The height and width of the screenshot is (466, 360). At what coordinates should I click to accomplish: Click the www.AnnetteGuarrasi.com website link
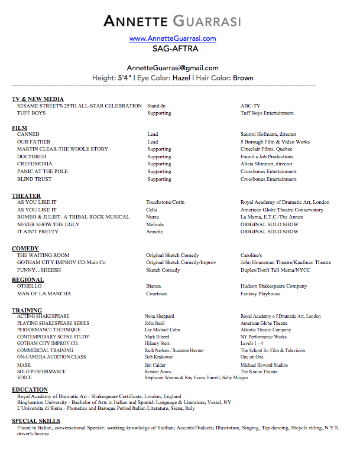[x=173, y=38]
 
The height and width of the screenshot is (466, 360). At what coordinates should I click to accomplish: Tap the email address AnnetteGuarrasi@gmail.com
[x=173, y=68]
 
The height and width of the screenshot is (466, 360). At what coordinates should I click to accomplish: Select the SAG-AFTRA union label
[x=173, y=48]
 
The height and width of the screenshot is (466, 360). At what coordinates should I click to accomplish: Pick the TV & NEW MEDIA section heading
[x=38, y=99]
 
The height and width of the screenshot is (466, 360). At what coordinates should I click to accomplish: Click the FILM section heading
[x=20, y=128]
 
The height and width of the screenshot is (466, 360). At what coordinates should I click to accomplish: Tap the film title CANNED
[x=28, y=135]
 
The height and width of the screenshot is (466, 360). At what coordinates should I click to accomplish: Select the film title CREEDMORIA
[x=35, y=164]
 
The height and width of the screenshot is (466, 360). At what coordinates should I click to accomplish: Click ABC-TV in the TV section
[x=250, y=106]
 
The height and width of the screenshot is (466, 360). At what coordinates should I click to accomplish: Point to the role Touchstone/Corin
[x=166, y=203]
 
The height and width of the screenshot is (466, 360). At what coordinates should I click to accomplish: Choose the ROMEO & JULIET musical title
[x=73, y=217]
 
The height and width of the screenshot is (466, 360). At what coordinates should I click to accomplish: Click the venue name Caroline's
[x=251, y=255]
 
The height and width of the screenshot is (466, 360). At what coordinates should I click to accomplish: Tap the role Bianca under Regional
[x=154, y=286]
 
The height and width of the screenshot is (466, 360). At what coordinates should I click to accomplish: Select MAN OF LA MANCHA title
[x=44, y=294]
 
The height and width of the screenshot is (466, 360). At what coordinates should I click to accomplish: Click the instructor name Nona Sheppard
[x=159, y=317]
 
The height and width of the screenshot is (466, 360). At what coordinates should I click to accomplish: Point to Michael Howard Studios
[x=264, y=365]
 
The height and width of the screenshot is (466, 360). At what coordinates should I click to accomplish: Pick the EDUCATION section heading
[x=30, y=390]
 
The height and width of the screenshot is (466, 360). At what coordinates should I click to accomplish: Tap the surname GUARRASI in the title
[x=207, y=21]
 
